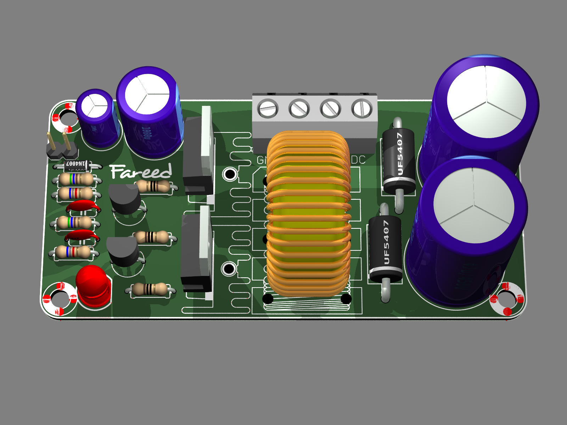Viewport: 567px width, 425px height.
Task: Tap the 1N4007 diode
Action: tap(76, 164)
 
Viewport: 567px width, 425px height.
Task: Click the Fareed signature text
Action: tap(141, 172)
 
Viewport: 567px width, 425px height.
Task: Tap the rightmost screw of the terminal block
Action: tap(362, 108)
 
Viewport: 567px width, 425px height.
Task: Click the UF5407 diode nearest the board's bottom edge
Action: tap(385, 248)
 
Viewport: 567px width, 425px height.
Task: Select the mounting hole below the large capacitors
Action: tap(505, 299)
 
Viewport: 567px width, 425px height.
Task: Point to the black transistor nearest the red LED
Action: tap(123, 252)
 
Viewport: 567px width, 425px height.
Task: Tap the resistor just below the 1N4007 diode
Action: tap(76, 179)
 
